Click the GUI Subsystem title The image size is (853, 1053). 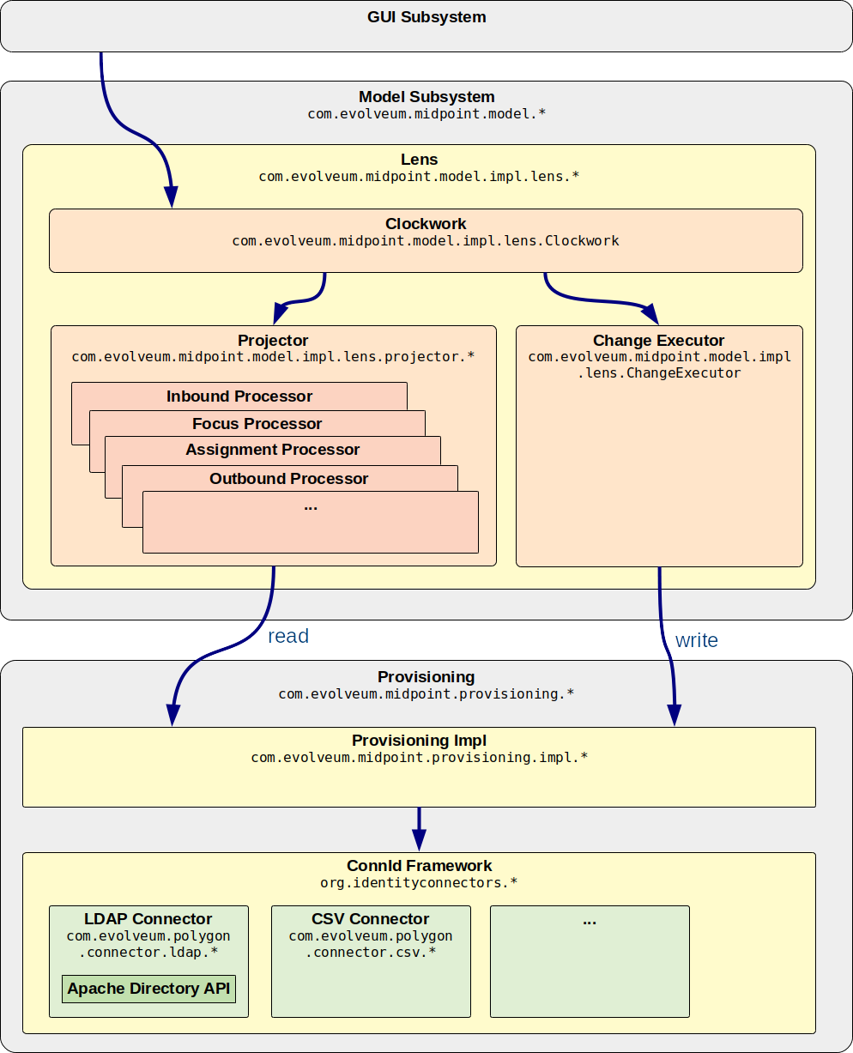pos(426,16)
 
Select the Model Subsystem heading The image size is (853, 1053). pos(426,97)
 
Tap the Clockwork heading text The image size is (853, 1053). pos(426,224)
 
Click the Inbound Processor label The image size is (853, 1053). pos(239,396)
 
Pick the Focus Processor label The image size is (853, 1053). pos(257,424)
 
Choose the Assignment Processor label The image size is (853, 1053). pos(272,450)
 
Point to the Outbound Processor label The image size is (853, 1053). pos(288,479)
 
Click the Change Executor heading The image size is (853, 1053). pos(658,341)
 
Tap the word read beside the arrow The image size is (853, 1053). pos(287,636)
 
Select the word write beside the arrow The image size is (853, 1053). pos(696,640)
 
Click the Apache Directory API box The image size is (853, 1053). pos(148,989)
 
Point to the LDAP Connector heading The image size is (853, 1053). pos(148,919)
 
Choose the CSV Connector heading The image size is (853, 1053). pos(371,919)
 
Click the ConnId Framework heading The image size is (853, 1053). pos(419,866)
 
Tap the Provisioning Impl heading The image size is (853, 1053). pos(419,741)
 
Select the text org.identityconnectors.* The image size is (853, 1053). pos(419,882)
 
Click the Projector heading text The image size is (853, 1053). pos(273,341)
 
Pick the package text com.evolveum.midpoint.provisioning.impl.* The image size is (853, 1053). pos(419,758)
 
